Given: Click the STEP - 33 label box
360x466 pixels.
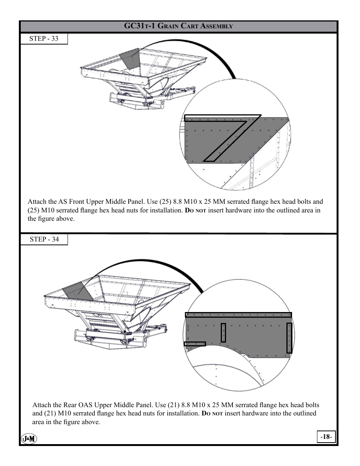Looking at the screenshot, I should click(44, 38).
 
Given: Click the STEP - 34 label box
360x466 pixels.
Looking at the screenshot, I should click(44, 239).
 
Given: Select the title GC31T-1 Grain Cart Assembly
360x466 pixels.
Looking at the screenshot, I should click(178, 26).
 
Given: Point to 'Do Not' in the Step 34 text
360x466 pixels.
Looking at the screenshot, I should click(212, 414).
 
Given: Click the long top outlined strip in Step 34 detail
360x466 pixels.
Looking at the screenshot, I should click(238, 315).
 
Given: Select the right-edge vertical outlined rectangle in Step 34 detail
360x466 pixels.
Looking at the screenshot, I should click(289, 338).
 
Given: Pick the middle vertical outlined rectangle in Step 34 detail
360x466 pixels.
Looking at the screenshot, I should click(223, 332).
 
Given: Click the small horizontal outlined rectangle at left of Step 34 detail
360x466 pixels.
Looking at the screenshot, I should click(195, 344).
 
